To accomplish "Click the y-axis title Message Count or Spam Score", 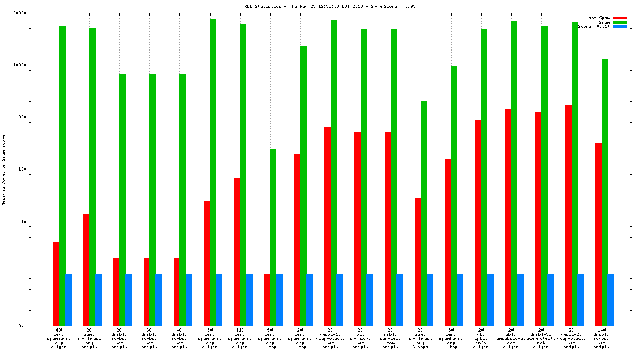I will pos(3,169).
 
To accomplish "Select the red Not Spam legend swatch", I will pos(619,18).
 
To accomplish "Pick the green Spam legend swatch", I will pos(619,22).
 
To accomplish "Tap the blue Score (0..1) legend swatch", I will pos(619,26).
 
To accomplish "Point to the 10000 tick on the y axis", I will pos(19,65).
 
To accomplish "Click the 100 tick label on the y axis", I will pos(22,169).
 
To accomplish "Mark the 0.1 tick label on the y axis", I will pos(22,326).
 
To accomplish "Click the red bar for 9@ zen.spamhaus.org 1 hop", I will pos(267,300).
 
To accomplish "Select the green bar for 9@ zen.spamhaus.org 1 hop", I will pos(273,237).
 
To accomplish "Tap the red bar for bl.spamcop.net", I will pos(357,229).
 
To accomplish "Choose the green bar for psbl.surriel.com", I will pos(394,178).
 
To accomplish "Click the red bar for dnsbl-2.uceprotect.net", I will pos(568,215).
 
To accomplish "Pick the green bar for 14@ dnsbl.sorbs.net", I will pos(605,193).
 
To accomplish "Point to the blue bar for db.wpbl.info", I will pos(491,300).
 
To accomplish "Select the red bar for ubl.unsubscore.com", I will pos(508,217).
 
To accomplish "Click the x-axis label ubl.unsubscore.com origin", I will pos(511,338).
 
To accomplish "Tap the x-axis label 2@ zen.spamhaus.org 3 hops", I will pos(421,338).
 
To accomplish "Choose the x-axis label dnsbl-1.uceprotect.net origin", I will pos(331,338).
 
